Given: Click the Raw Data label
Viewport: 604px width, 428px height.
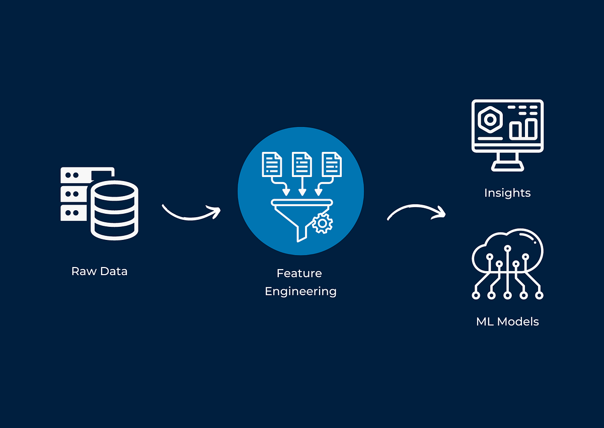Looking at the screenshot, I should (x=99, y=272).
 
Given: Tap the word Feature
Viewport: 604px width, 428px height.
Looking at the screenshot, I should (x=299, y=274).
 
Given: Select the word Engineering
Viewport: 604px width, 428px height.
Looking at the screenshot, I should (x=300, y=291).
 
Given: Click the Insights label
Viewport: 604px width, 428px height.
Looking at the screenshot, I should (x=507, y=193).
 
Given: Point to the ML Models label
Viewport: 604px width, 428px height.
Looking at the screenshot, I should (x=507, y=322).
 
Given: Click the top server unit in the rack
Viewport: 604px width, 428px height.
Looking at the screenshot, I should (x=75, y=175).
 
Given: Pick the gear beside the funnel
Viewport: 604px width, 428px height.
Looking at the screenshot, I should (x=322, y=223).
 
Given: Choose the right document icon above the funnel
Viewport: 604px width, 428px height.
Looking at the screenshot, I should (x=332, y=164).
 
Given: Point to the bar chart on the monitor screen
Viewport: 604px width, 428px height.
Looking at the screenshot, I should (x=522, y=128).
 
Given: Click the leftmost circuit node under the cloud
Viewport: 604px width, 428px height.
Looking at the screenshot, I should (x=476, y=296).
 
